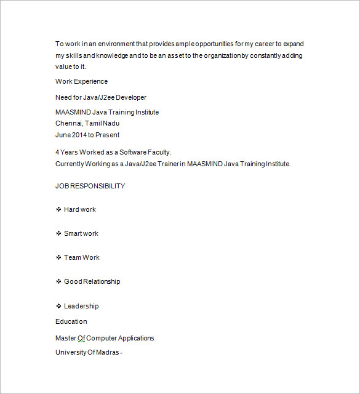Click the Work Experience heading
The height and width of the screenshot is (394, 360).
(x=81, y=81)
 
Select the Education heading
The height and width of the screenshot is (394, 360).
(x=71, y=321)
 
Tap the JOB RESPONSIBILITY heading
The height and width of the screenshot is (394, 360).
(x=90, y=186)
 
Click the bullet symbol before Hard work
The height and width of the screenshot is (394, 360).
(x=58, y=209)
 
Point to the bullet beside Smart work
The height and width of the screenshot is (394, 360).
(x=58, y=233)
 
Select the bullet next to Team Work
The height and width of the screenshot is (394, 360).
(x=58, y=257)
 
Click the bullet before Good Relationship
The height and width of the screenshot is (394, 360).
(x=58, y=281)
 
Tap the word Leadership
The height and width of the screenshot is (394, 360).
(x=81, y=306)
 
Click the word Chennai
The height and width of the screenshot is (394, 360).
(x=68, y=123)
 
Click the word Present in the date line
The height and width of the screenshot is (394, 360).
(x=108, y=135)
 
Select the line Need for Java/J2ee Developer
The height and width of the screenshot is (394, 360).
(x=101, y=97)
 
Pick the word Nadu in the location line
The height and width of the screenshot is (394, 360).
(x=111, y=123)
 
